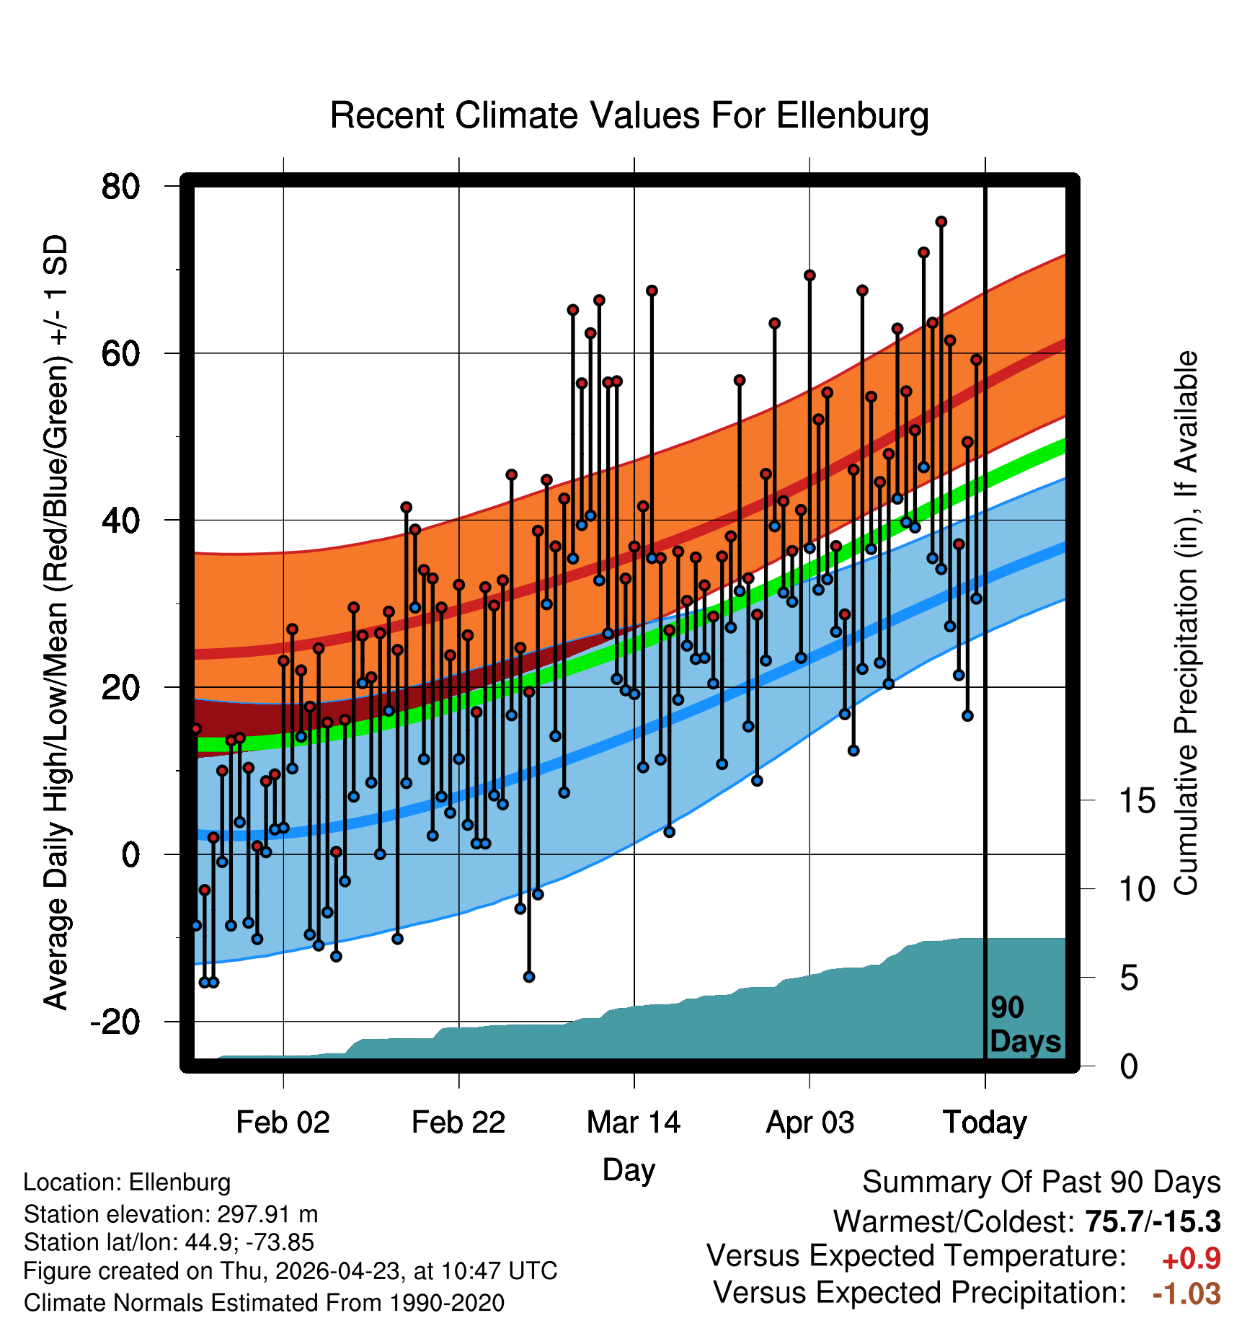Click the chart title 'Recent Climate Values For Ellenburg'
coord(629,115)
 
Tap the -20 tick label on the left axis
coord(115,1022)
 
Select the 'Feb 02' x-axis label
coord(283,1122)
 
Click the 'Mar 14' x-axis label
coord(634,1122)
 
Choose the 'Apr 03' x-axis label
coord(809,1123)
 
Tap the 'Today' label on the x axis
coord(985,1123)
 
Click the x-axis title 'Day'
coord(629,1170)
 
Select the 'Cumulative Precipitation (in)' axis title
coord(1186,624)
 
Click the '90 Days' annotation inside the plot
coord(1025,1025)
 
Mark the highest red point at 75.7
coord(941,222)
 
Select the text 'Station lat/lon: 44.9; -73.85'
coord(169,1242)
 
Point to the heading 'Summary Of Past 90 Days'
coord(1042,1182)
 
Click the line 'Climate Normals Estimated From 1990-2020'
coord(264,1302)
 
